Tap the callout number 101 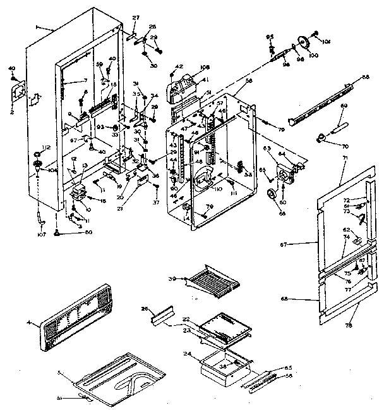327,43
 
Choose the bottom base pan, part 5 120,378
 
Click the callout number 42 179,66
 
